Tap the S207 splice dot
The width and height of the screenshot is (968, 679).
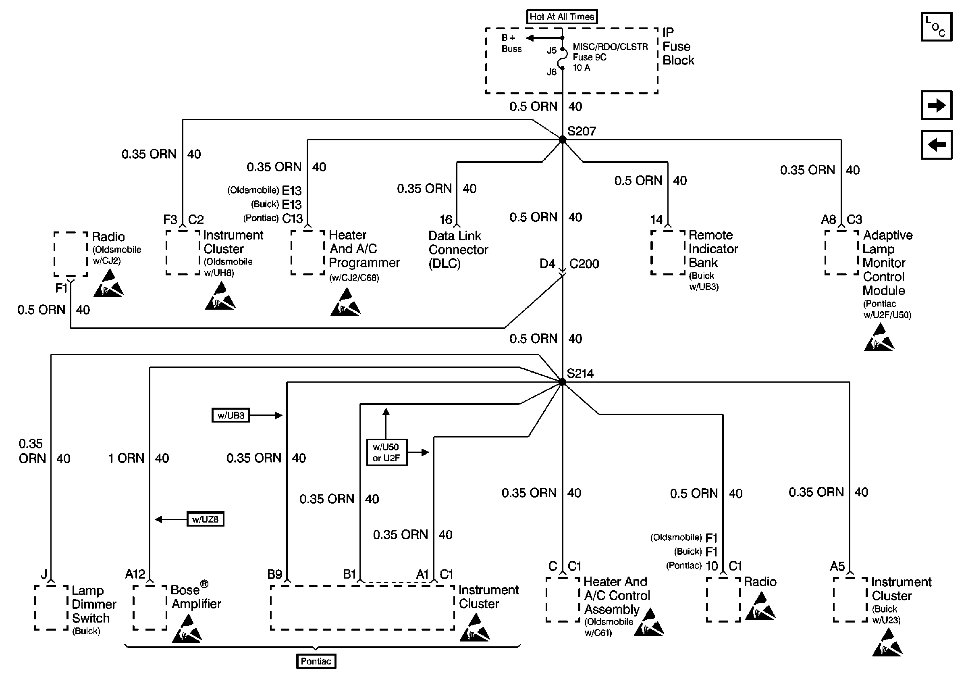563,140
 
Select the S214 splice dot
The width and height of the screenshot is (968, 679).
563,382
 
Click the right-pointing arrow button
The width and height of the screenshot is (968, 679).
937,105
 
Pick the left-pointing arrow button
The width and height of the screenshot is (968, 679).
937,145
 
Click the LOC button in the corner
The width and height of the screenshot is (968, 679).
937,27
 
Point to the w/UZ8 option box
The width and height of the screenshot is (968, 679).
205,519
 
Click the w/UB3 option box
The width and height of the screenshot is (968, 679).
231,415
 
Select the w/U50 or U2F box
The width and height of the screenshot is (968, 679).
386,452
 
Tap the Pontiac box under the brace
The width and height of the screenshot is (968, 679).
316,661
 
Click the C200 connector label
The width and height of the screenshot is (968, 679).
584,264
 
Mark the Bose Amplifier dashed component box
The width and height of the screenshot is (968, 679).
150,607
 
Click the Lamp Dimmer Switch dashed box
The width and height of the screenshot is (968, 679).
51,607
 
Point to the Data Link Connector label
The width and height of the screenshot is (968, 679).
458,250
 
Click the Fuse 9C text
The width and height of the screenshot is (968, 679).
590,57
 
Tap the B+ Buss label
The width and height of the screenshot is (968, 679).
511,44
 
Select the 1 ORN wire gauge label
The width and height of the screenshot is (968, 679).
126,458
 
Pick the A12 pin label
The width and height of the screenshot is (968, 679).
135,574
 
